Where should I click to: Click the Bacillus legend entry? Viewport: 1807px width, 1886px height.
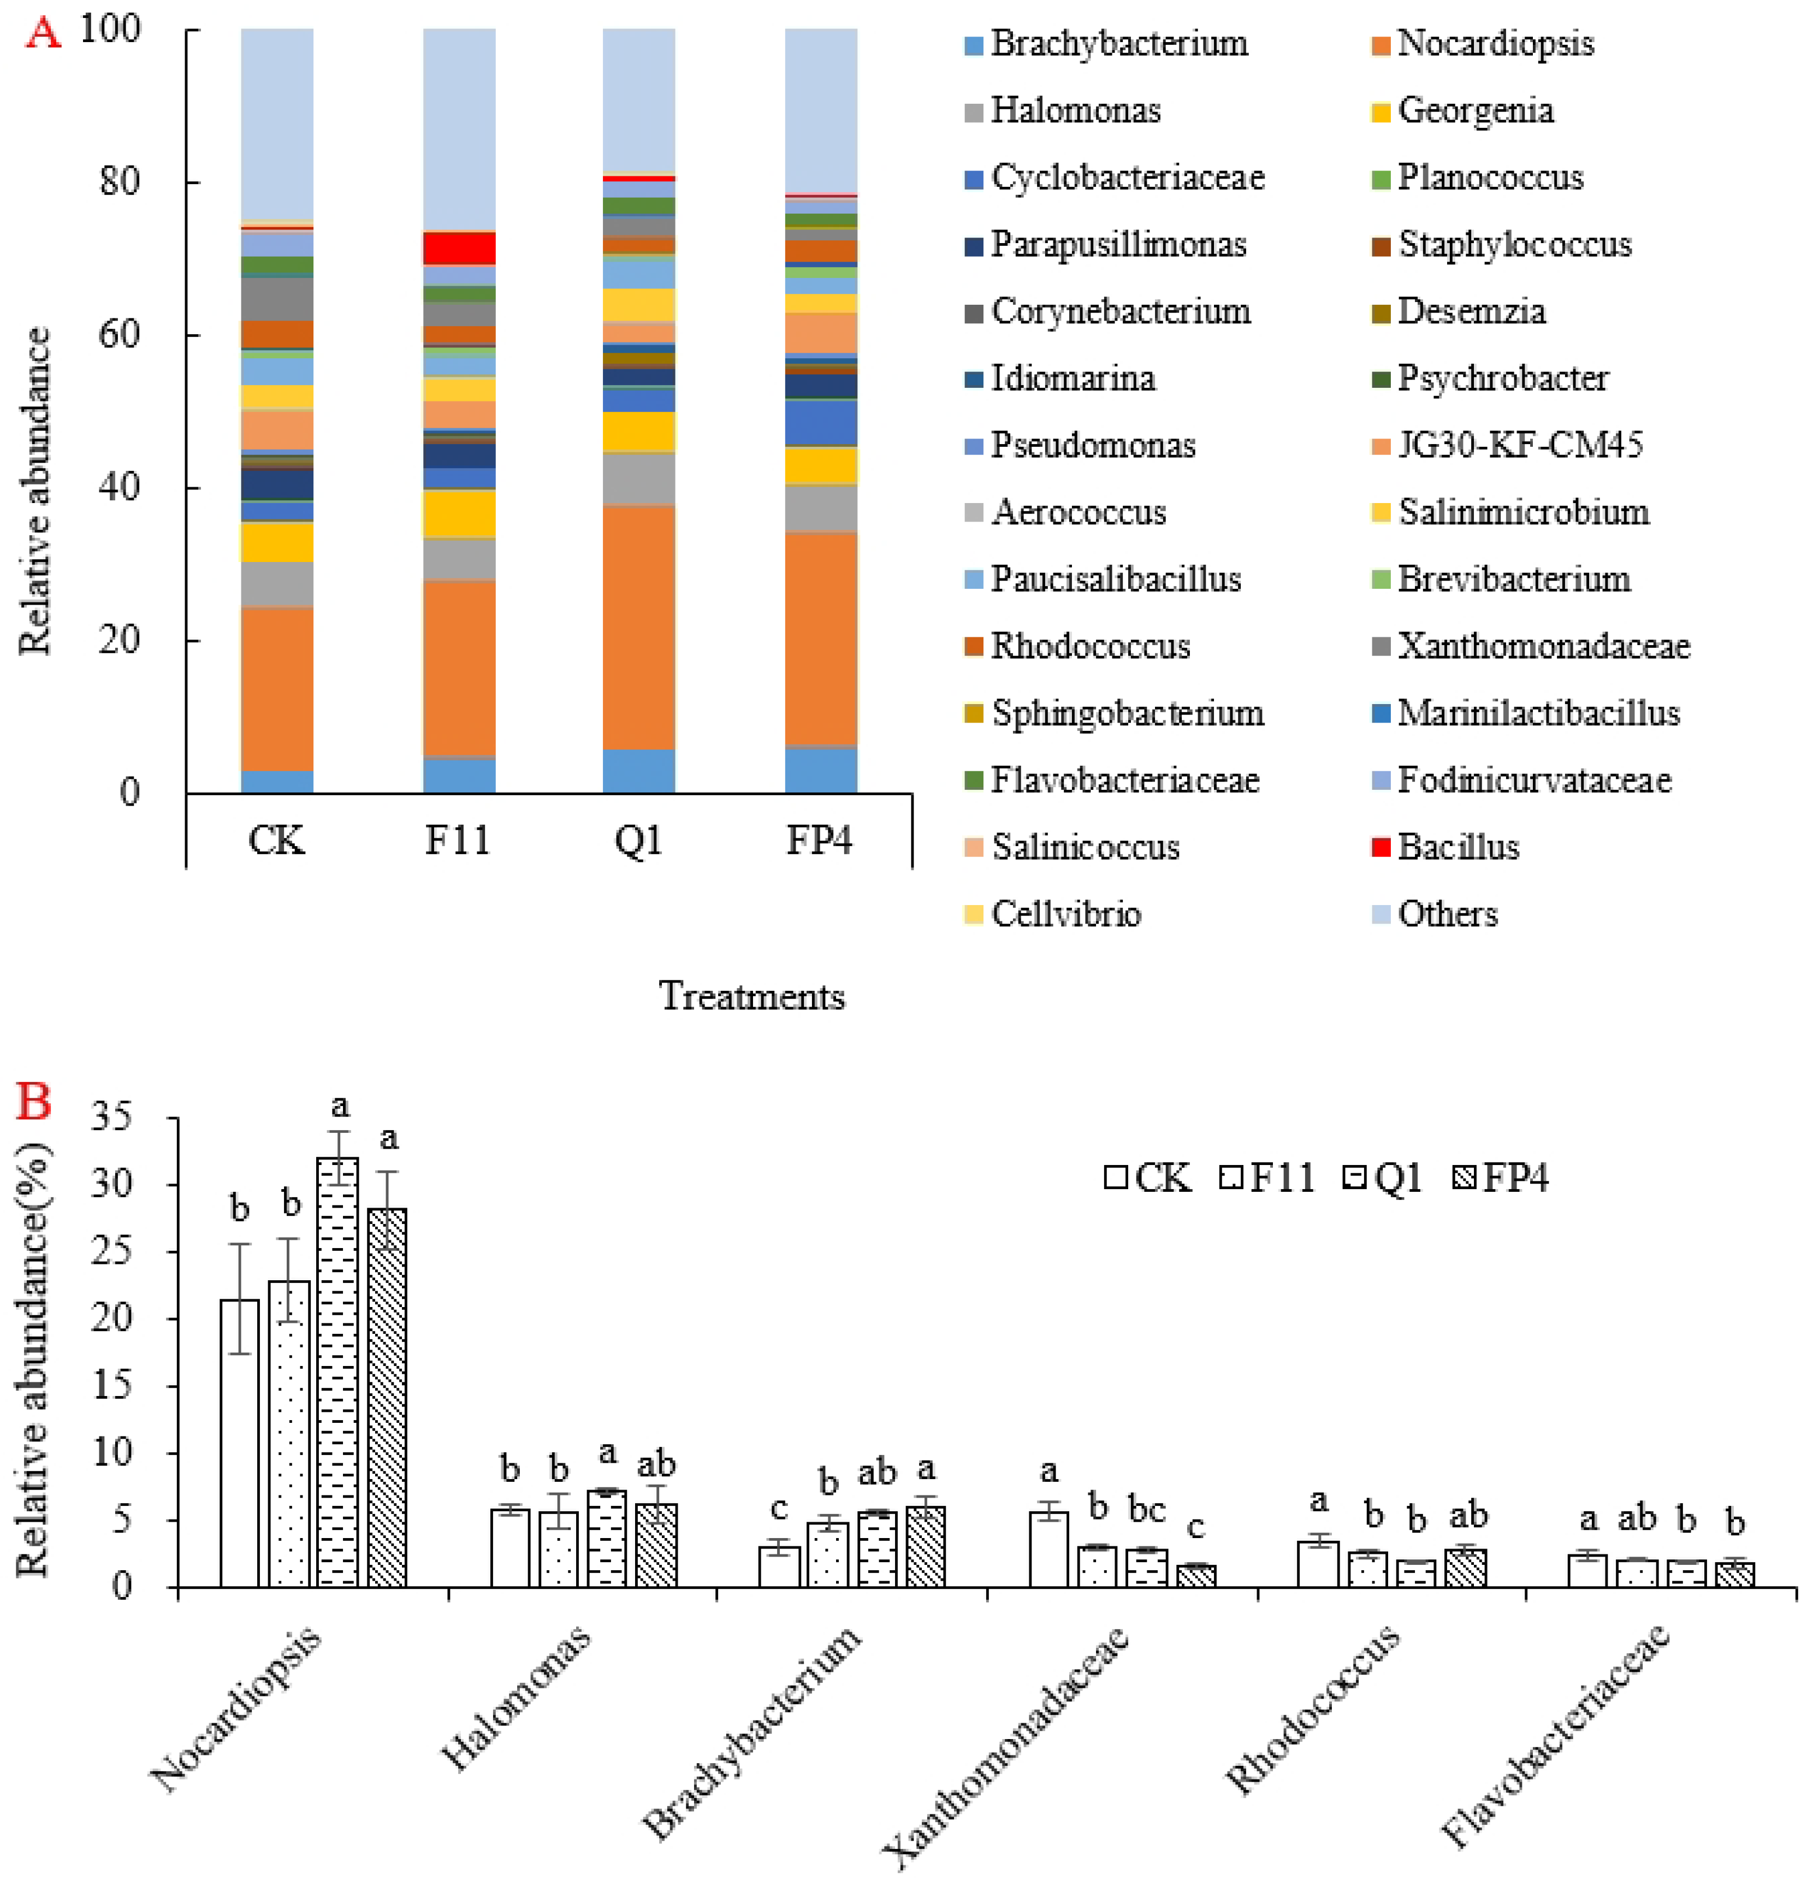(x=1457, y=847)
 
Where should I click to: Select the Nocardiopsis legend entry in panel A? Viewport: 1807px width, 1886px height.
(x=1494, y=43)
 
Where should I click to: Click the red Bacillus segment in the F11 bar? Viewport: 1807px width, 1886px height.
(x=459, y=247)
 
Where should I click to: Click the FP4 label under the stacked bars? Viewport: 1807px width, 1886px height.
(x=819, y=840)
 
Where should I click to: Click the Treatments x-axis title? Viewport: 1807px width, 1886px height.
(x=751, y=996)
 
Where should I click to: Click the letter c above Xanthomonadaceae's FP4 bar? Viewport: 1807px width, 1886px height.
(x=1195, y=1527)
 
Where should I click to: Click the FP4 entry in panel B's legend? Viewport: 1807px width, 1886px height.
(x=1501, y=1178)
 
